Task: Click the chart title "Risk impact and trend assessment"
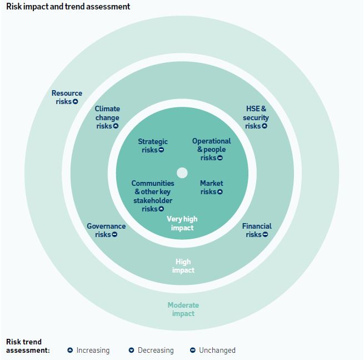(68, 7)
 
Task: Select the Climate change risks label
(107, 117)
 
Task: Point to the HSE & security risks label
(256, 117)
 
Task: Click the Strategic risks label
(153, 146)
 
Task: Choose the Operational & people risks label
(211, 149)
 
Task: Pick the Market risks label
(211, 188)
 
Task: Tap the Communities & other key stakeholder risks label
(153, 196)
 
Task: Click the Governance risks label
(106, 230)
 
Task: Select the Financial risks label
(257, 230)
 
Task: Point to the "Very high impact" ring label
(182, 223)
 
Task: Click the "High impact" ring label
(183, 266)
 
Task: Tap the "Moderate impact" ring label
(183, 309)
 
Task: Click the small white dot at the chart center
(182, 172)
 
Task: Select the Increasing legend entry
(88, 351)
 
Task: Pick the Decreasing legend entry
(151, 351)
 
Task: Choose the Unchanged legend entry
(213, 351)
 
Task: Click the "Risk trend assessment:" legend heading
(28, 346)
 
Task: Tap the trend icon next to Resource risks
(75, 102)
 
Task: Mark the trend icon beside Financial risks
(265, 235)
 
